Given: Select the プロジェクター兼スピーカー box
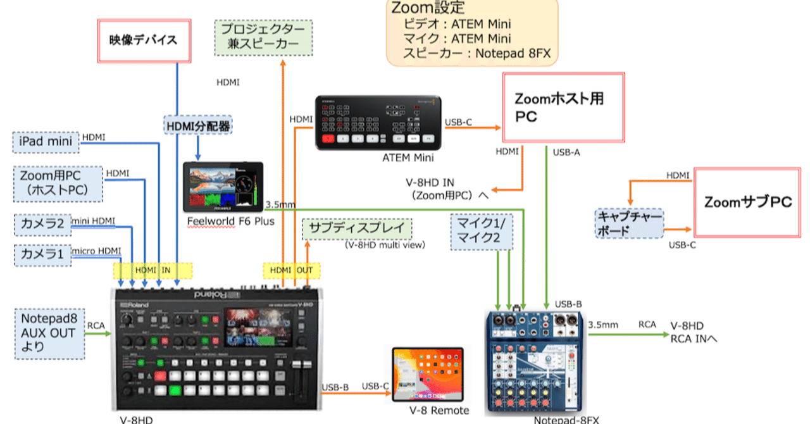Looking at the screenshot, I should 263,37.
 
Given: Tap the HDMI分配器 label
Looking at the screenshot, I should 198,127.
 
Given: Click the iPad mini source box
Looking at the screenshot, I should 46,142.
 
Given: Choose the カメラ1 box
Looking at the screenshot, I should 42,255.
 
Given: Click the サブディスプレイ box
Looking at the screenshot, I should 357,228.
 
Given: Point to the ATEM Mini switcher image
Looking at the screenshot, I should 379,123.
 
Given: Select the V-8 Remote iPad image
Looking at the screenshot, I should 427,375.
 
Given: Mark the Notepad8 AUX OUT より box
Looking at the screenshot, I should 48,333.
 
